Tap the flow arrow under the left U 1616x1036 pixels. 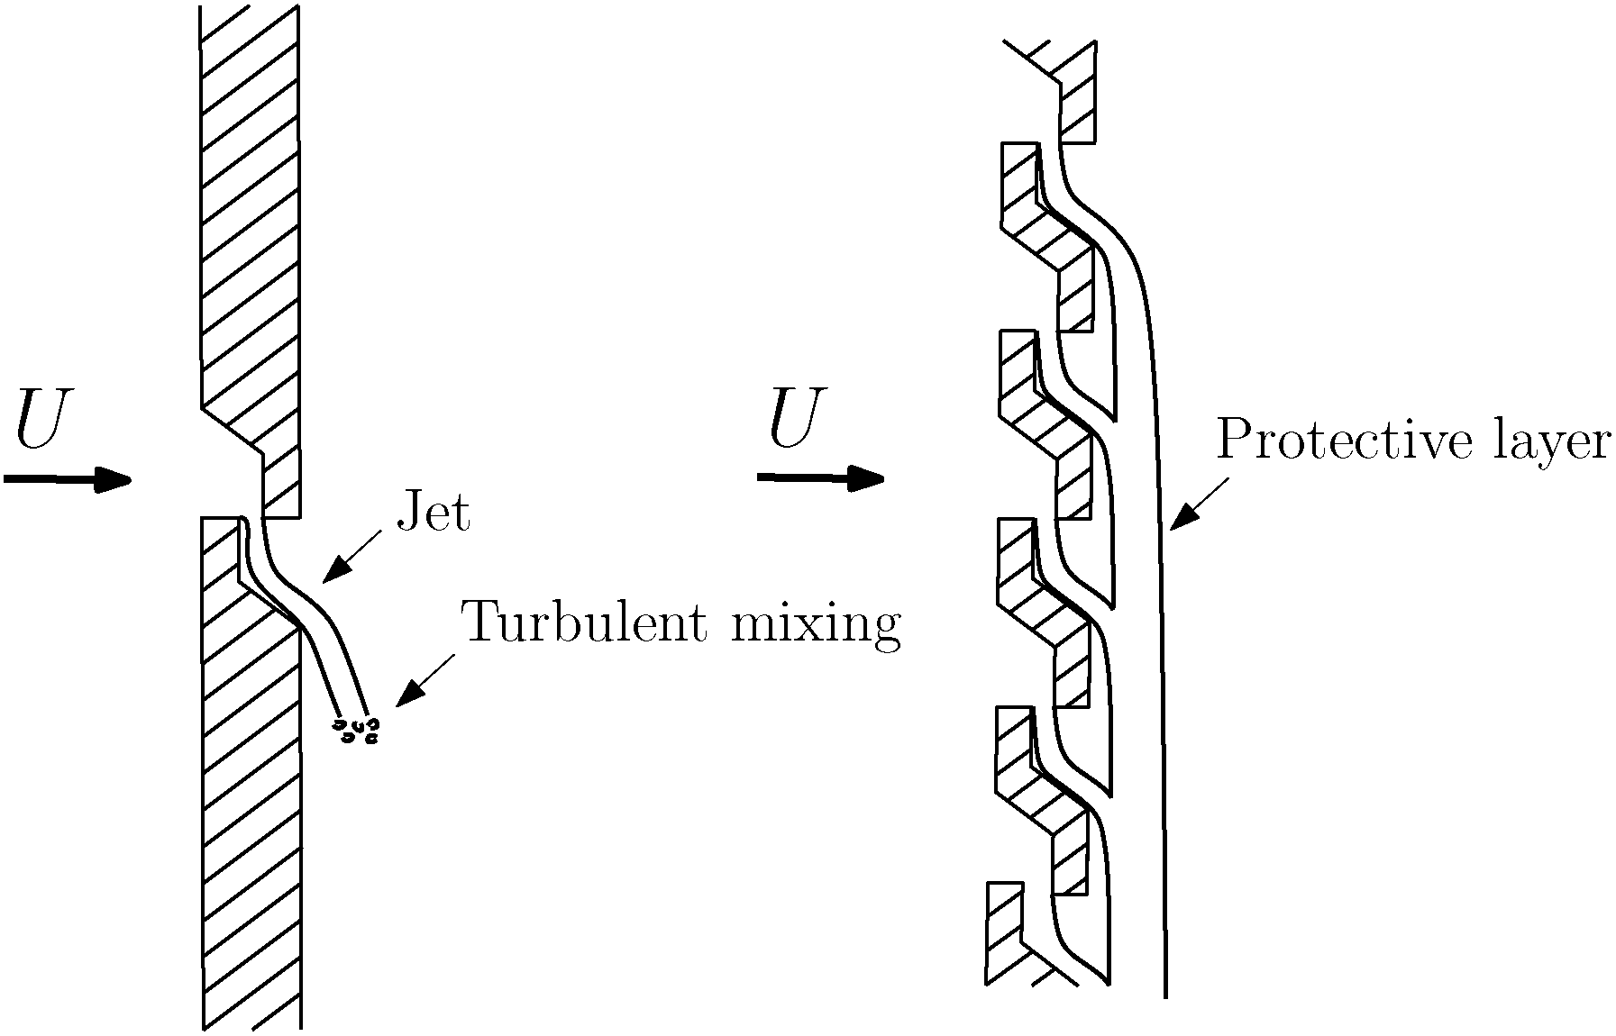[68, 479]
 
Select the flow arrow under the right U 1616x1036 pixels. [820, 478]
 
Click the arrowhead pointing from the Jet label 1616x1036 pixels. [336, 568]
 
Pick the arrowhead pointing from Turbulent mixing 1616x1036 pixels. [410, 691]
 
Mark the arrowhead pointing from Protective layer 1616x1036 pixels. [1182, 515]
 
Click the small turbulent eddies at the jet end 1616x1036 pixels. [356, 730]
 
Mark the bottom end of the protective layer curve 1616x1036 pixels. [1165, 997]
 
